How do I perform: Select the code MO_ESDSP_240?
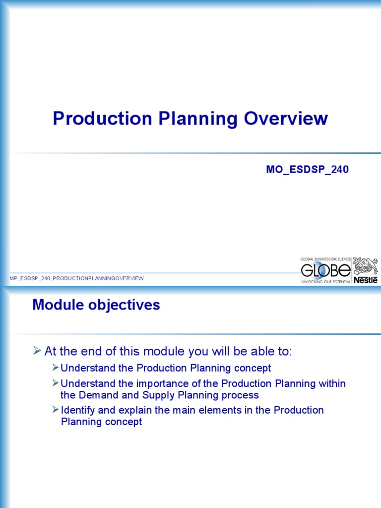[x=307, y=170]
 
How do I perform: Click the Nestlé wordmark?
[x=365, y=280]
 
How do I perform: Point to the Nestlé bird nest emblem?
[x=365, y=266]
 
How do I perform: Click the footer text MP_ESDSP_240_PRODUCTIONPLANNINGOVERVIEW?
[x=77, y=278]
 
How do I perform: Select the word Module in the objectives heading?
[x=56, y=305]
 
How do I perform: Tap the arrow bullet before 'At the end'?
[x=37, y=352]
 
